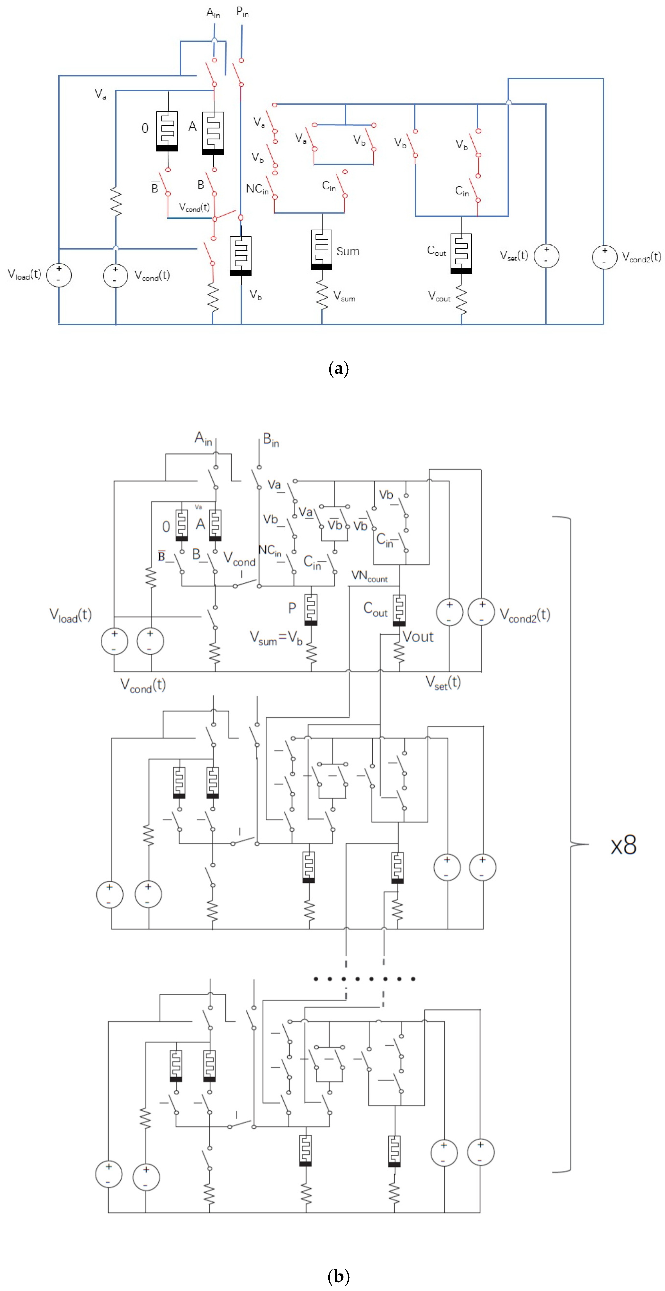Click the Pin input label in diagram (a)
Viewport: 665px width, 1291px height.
pyautogui.click(x=242, y=12)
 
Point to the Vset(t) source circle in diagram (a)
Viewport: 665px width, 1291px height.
pyautogui.click(x=546, y=256)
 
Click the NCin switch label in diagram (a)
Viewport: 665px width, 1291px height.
pyautogui.click(x=257, y=189)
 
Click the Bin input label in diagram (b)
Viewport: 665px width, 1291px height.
pyautogui.click(x=271, y=440)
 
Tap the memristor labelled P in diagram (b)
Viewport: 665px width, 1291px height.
pyautogui.click(x=311, y=609)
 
